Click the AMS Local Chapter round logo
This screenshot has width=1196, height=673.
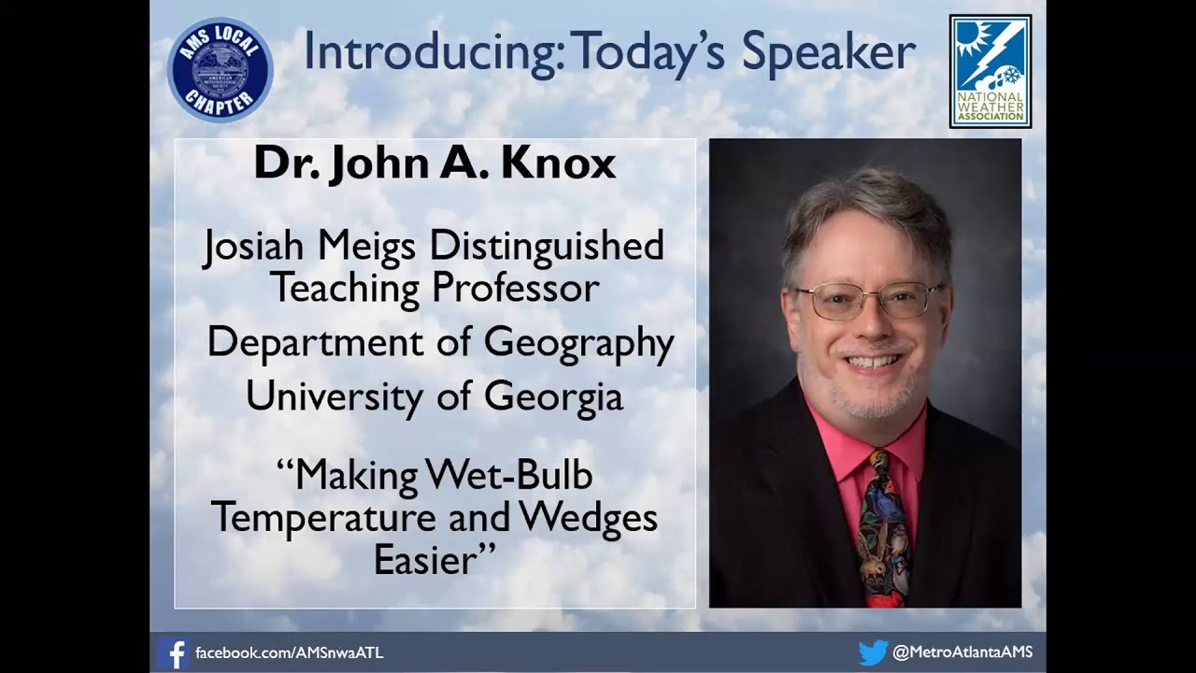[220, 70]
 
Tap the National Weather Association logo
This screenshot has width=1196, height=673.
[990, 71]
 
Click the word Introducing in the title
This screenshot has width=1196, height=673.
[432, 52]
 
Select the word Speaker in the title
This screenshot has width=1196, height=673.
[828, 54]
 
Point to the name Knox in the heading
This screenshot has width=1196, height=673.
[558, 163]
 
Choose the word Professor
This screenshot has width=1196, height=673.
[515, 288]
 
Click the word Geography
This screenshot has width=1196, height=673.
[578, 344]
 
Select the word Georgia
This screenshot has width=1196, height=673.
[553, 397]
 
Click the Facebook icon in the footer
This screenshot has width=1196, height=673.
[173, 652]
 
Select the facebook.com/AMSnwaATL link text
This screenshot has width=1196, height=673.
[289, 652]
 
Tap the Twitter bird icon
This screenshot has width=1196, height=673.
[872, 652]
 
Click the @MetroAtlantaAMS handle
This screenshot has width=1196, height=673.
[962, 652]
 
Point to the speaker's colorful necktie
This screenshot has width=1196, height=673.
[884, 528]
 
